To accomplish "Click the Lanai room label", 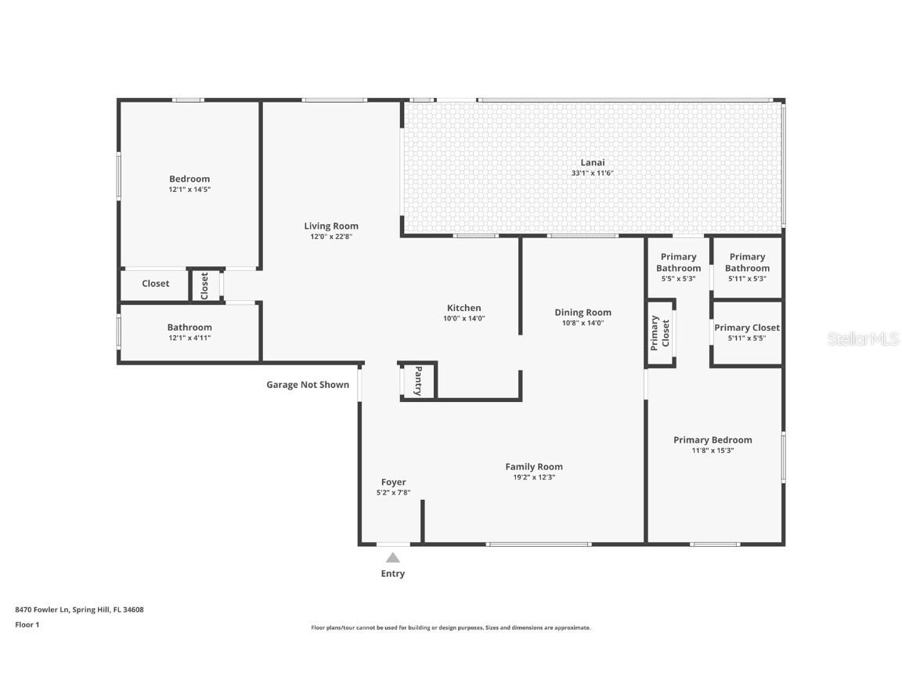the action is (592, 162).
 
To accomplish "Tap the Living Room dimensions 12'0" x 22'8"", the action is (331, 237).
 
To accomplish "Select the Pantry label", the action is (418, 381).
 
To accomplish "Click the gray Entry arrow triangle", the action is (393, 557).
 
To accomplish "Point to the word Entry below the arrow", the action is (393, 574).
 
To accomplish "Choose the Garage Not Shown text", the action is (308, 385).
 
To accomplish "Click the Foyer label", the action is (394, 482).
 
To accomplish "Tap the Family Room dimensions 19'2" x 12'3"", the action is (535, 477).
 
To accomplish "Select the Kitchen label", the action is (464, 308).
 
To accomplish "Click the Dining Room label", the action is (583, 313).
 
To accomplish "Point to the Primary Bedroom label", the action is (713, 440).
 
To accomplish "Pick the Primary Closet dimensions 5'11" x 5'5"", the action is (747, 338).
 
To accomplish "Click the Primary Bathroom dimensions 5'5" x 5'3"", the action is (679, 279).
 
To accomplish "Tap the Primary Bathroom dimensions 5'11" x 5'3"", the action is (747, 279).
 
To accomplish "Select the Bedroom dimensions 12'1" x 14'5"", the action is (189, 190).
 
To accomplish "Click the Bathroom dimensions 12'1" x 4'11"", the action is (189, 338).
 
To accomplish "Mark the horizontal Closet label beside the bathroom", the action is (155, 283).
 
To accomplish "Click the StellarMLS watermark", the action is (862, 339).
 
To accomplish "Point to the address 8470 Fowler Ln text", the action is (42, 610).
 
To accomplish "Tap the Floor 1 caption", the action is (27, 625).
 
